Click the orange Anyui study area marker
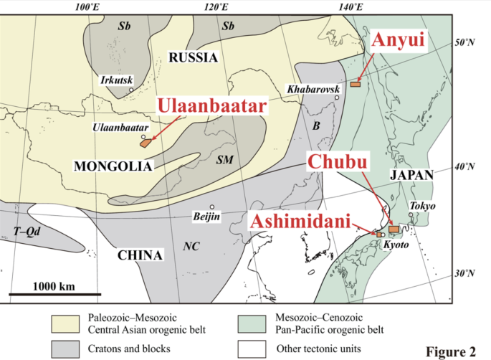coord(356,85)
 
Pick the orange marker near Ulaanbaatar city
coord(146,142)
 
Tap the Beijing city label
coord(206,216)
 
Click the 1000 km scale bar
coord(54,293)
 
